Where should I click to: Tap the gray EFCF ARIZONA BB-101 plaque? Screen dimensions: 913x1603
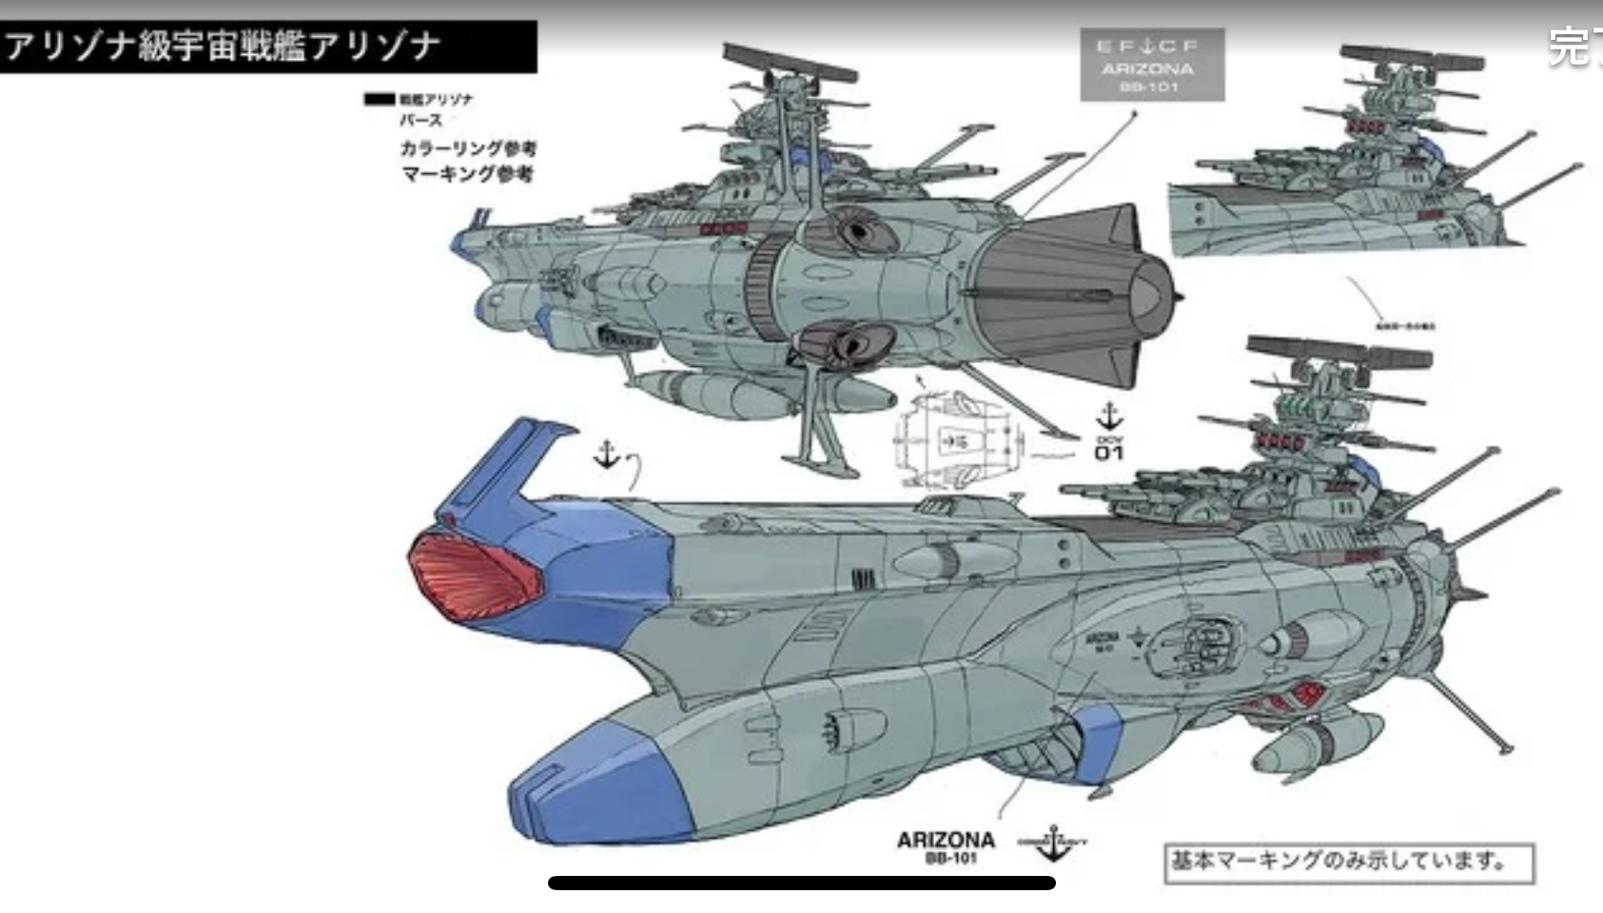coord(1151,65)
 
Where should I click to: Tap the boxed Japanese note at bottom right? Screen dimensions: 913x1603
coord(1349,863)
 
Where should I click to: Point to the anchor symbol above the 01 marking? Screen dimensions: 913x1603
coord(1109,417)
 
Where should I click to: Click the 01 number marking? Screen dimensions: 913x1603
coord(1108,453)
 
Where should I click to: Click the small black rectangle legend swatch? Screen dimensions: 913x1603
coord(379,99)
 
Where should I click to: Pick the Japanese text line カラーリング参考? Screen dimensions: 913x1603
coord(468,148)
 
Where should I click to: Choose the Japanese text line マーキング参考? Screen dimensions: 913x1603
coord(467,174)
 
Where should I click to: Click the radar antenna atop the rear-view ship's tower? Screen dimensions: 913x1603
coord(790,62)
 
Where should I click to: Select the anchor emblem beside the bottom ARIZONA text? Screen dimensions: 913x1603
coord(1052,843)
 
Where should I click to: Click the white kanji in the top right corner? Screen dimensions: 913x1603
coord(1574,46)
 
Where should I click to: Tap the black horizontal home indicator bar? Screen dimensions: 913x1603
coord(801,883)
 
